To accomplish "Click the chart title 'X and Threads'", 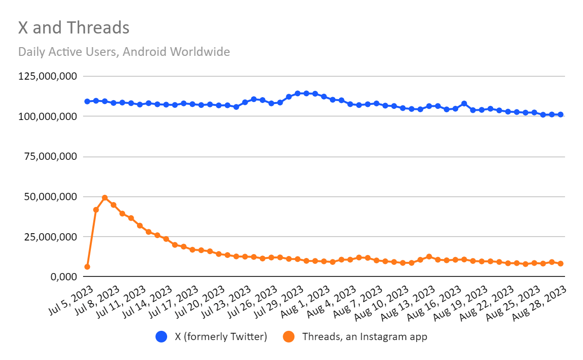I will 74,28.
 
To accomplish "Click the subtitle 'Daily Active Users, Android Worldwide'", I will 124,51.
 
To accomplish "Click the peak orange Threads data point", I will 105,198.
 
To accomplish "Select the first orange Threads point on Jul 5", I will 87,267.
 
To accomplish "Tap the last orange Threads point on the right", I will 560,263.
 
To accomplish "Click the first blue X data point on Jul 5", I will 87,102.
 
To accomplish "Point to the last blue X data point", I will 560,115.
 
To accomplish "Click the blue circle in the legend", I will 161,337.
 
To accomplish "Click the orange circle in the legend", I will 289,337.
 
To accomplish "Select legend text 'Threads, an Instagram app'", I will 364,337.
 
